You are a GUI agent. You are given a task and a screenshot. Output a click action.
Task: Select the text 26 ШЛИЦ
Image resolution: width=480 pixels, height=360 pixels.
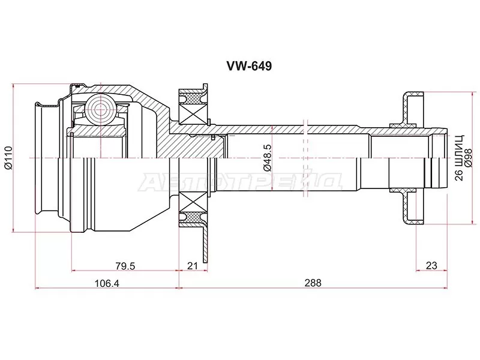coord(459,158)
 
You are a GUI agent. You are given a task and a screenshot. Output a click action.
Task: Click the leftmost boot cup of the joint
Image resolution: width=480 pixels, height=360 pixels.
coord(46,159)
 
